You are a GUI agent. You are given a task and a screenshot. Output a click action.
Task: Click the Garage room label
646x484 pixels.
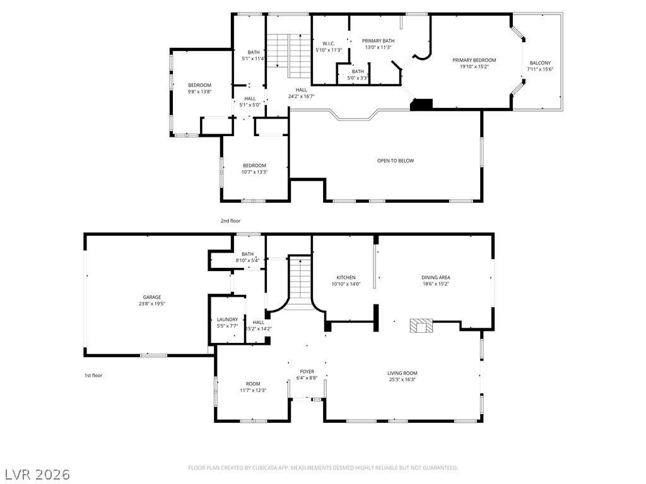pos(151,297)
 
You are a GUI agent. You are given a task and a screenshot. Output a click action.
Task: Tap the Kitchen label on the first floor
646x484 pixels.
pos(346,277)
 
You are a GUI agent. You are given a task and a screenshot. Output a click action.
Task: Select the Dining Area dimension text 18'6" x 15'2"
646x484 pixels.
pos(436,284)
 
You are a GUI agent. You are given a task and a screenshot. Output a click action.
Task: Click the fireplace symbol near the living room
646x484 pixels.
pos(421,326)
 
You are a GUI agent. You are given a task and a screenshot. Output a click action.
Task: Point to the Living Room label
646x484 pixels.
pos(402,373)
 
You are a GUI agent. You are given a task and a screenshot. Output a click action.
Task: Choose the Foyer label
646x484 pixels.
pos(307,371)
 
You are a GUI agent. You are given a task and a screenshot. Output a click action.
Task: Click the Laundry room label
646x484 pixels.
pos(227,320)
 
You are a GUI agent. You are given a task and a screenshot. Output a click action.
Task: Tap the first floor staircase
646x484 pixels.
pos(301,284)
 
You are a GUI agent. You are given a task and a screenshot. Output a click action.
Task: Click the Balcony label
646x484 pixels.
pos(540,62)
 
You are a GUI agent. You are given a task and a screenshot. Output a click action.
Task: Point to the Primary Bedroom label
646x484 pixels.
pos(474,60)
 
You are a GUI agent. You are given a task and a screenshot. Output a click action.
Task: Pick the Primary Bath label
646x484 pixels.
pos(378,41)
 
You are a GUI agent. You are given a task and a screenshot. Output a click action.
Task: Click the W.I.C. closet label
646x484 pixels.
pos(328,43)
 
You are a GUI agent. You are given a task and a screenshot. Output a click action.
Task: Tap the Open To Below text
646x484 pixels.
pos(396,161)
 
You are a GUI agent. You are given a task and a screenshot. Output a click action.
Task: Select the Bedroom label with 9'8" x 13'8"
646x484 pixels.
pos(199,85)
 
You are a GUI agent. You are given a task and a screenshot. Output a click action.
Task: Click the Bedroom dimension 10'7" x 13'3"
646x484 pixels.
pos(255,172)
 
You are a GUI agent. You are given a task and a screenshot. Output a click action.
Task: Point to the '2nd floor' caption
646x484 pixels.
pos(230,221)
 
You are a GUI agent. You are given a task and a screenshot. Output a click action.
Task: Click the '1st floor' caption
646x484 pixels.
pos(93,376)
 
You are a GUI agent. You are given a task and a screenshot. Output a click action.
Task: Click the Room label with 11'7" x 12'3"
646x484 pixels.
pos(253,384)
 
